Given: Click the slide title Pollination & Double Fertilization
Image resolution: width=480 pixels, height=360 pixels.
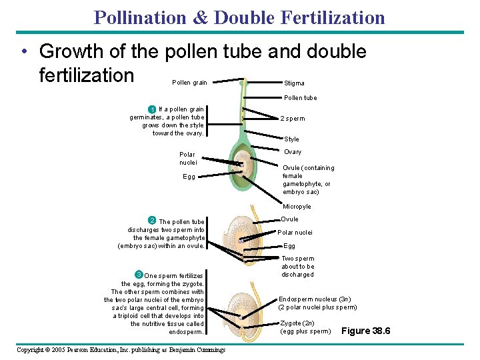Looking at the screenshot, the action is tap(239, 17).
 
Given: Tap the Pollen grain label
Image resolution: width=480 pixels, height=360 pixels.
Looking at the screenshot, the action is tap(189, 83).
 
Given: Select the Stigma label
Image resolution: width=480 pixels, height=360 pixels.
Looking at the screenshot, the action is tap(294, 83).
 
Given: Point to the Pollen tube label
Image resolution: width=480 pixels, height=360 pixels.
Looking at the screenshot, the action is tap(301, 98).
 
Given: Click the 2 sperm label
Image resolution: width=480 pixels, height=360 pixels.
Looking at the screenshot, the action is tap(292, 119).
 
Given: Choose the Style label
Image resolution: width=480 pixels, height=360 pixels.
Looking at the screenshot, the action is tap(291, 139).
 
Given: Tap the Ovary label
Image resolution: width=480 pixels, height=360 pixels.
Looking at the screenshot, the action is tap(292, 152).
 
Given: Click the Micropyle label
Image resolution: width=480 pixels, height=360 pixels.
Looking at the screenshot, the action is tap(297, 207).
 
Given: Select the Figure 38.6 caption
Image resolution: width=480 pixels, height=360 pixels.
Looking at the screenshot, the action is tap(365, 331).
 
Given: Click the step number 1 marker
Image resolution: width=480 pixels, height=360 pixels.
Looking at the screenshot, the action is tap(152, 109).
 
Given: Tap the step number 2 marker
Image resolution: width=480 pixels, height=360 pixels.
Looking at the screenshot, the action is tap(152, 221).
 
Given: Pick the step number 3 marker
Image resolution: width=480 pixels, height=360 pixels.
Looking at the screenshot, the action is tap(138, 275).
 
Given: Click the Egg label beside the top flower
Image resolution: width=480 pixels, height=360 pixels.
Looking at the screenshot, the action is tap(189, 177).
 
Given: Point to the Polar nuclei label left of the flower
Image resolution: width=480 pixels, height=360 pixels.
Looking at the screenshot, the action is tap(188, 158).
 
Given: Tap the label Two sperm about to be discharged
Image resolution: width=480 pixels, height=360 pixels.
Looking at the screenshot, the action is tap(297, 266).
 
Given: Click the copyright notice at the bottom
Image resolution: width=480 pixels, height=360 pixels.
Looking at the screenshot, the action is tap(121, 349).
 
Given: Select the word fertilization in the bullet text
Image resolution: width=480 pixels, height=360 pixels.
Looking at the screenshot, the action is tap(87, 75).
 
